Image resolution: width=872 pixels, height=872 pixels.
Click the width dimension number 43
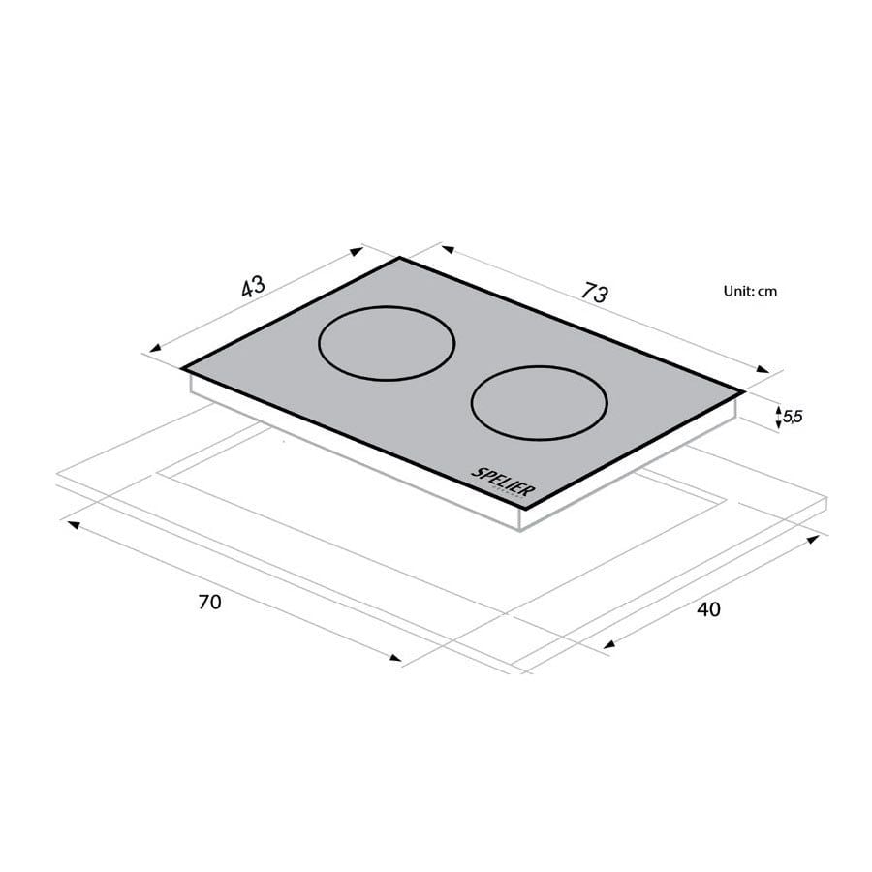click(x=252, y=287)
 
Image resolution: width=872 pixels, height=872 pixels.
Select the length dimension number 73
click(x=595, y=292)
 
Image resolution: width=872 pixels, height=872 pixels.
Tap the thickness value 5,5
click(x=792, y=417)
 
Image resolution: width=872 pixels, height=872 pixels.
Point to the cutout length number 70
click(x=209, y=602)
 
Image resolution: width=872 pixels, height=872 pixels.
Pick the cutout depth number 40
click(x=708, y=608)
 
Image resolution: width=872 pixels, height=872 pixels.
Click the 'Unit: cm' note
click(x=750, y=290)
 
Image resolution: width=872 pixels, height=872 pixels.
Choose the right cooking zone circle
click(x=539, y=403)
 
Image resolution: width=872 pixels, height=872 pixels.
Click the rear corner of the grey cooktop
click(x=399, y=257)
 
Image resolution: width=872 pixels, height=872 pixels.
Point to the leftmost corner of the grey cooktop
click(x=182, y=368)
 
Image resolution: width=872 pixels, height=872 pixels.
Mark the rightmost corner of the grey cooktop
click(x=744, y=391)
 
